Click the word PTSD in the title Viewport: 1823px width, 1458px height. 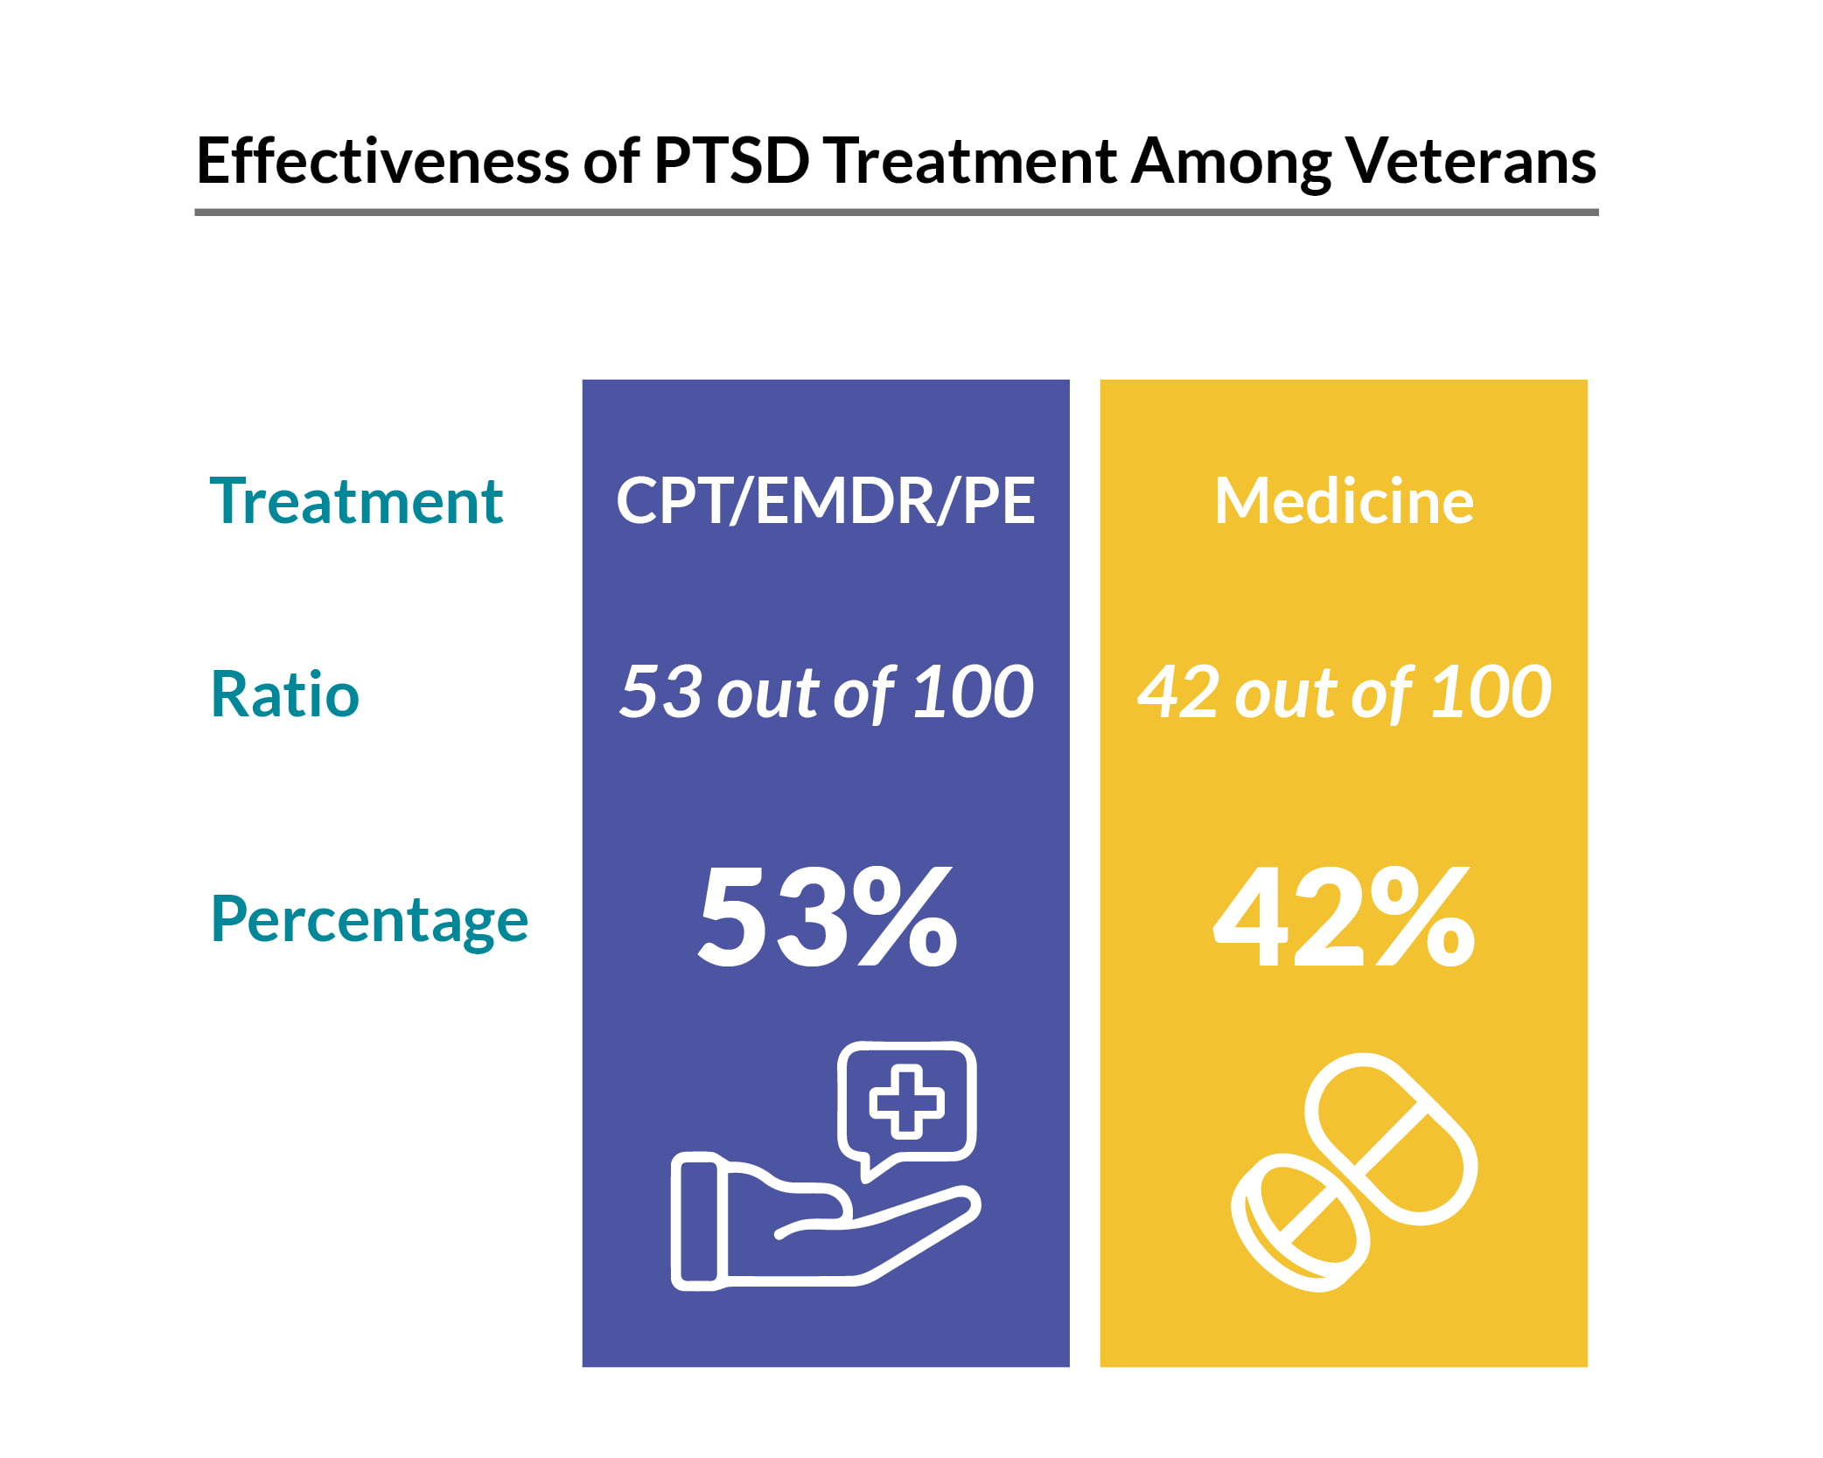pyautogui.click(x=730, y=161)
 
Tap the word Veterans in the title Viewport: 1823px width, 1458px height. pyautogui.click(x=1470, y=161)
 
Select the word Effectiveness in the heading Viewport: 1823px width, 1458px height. pyautogui.click(x=382, y=161)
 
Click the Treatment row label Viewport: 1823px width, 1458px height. pyautogui.click(x=356, y=501)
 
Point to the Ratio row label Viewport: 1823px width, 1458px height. pyautogui.click(x=285, y=694)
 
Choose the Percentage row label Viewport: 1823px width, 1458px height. pyautogui.click(x=369, y=919)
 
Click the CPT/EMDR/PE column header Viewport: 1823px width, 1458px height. pyautogui.click(x=825, y=501)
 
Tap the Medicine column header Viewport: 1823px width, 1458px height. pyautogui.click(x=1344, y=501)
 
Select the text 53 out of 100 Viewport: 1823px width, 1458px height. pyautogui.click(x=825, y=693)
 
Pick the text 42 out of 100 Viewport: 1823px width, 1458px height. pyautogui.click(x=1344, y=693)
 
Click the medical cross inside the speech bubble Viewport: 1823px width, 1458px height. pyautogui.click(x=906, y=1101)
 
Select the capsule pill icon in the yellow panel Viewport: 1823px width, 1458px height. pyautogui.click(x=1391, y=1139)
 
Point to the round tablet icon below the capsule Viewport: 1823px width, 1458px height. pyautogui.click(x=1299, y=1223)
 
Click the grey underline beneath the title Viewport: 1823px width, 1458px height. pyautogui.click(x=896, y=212)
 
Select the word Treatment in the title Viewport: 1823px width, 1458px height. pyautogui.click(x=969, y=161)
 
